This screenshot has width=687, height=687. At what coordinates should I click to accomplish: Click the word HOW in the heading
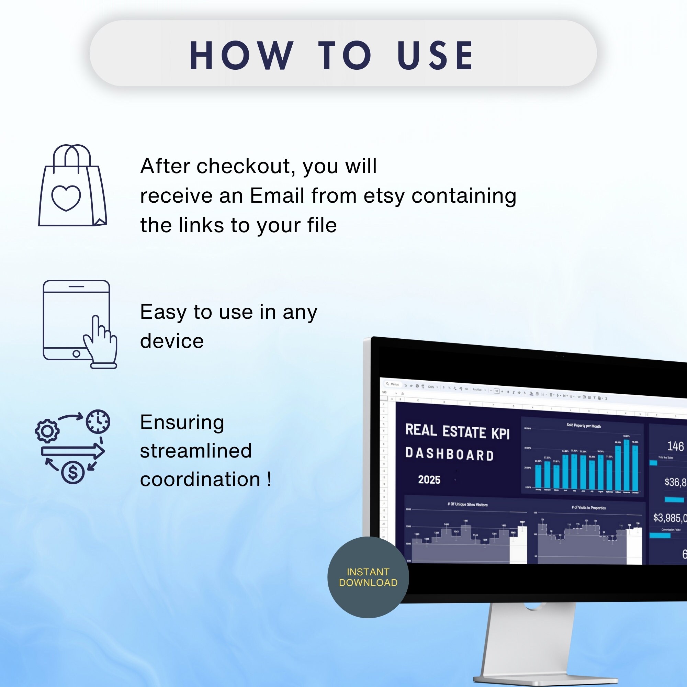coord(241,56)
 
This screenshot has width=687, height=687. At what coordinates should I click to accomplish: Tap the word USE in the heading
coord(436,56)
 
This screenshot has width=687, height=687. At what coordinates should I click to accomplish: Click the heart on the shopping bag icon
coord(66,198)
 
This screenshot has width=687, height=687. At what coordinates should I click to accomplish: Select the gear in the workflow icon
coord(47,431)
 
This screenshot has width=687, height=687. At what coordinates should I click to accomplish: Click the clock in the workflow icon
coord(98,422)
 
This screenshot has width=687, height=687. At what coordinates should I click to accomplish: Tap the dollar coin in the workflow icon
coord(73,473)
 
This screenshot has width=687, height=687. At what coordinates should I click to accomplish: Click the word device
coord(172,341)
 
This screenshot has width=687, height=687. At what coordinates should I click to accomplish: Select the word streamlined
coord(196,451)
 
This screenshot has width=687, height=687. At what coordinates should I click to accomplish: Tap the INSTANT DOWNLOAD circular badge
coord(368,577)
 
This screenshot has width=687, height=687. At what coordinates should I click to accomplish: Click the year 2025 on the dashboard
coord(429,480)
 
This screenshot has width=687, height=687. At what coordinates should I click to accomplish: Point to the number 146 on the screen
coord(675,446)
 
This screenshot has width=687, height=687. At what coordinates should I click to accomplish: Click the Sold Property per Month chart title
coord(584,426)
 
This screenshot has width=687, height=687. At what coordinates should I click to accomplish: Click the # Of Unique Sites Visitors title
coord(467,504)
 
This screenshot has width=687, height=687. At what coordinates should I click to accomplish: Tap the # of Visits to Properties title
coord(588,507)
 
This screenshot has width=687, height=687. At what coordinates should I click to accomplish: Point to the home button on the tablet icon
coord(76,354)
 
